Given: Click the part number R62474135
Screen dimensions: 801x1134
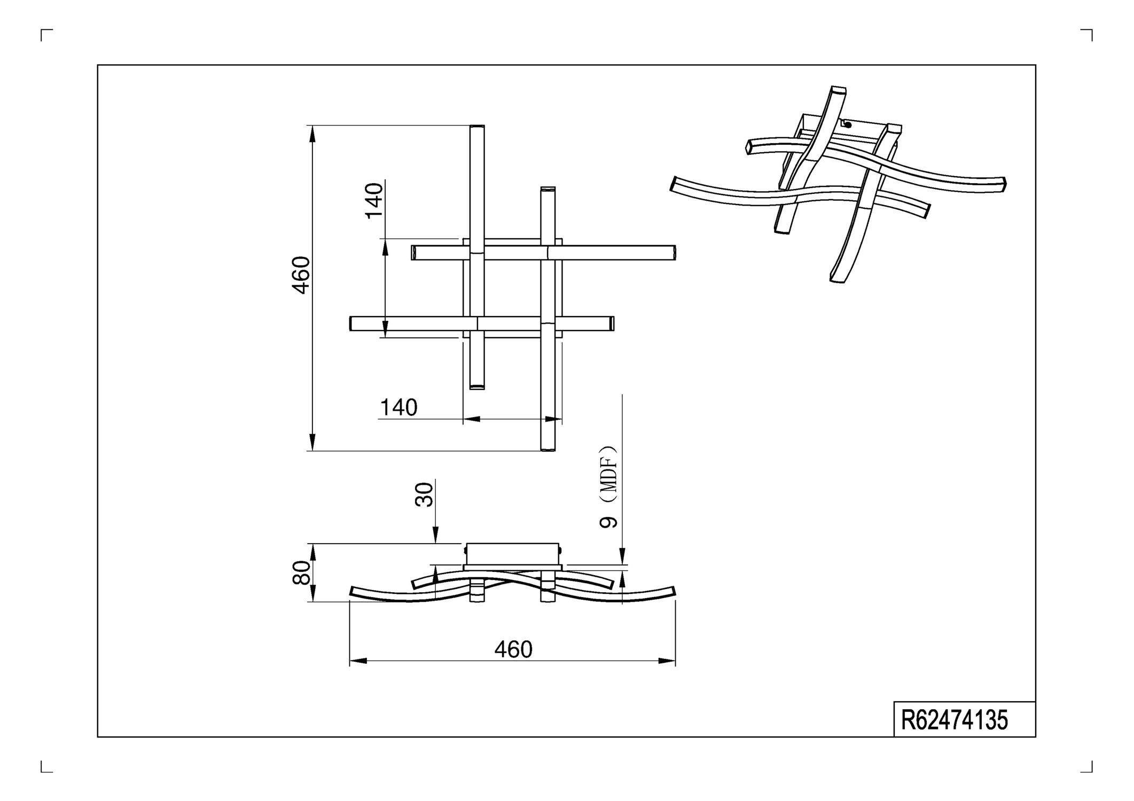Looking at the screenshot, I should [x=954, y=720].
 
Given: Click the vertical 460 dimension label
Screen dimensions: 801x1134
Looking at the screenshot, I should [x=301, y=275].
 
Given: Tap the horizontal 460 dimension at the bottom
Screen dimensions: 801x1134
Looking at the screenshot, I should [x=513, y=649].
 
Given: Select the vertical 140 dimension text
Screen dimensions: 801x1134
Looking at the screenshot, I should [x=374, y=200].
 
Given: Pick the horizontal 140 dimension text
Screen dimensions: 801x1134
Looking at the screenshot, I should [x=398, y=408].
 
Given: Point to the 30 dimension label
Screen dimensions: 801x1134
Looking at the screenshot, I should [x=425, y=494].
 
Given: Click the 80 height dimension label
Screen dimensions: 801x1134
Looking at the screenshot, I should [x=302, y=572].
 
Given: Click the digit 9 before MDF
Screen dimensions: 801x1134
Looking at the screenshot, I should [x=608, y=522].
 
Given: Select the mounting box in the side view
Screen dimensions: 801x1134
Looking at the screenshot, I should [x=512, y=554].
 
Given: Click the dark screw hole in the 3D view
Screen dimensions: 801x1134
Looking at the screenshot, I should [x=848, y=125].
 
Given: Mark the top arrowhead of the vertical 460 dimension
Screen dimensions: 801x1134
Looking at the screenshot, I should [x=312, y=133].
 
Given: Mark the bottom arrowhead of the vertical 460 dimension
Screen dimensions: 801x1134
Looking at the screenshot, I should [x=312, y=443].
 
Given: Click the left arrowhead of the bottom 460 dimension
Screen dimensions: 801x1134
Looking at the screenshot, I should [x=358, y=661].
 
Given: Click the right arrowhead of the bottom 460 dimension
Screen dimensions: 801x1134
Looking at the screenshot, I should [x=667, y=661].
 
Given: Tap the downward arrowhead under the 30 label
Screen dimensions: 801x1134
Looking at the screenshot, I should [x=435, y=536].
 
